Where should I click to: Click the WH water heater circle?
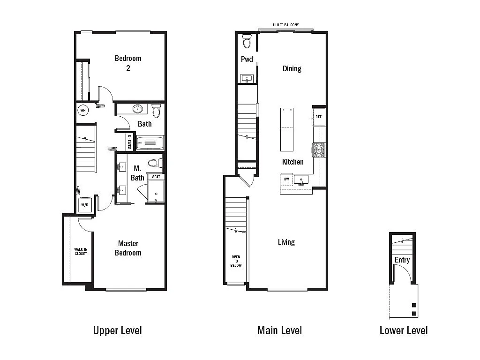click(83, 111)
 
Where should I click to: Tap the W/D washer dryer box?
click(85, 205)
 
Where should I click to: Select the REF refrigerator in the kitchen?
click(318, 117)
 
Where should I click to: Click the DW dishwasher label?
click(286, 179)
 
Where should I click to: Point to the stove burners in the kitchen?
click(319, 150)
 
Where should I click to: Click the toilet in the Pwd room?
click(247, 42)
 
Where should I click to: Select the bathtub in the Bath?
click(150, 142)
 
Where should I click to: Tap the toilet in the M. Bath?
click(155, 163)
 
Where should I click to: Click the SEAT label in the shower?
click(156, 177)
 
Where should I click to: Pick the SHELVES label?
click(129, 141)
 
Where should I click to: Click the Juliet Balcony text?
click(285, 25)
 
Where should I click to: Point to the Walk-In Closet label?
click(81, 252)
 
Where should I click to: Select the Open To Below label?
click(236, 261)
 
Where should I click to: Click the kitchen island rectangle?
click(287, 129)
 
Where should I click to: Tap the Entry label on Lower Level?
click(402, 260)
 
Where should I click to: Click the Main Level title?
click(279, 330)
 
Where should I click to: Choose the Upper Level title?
click(117, 330)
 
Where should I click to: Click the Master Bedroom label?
click(128, 248)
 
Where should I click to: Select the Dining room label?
click(292, 68)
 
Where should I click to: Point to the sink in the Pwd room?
click(247, 78)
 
